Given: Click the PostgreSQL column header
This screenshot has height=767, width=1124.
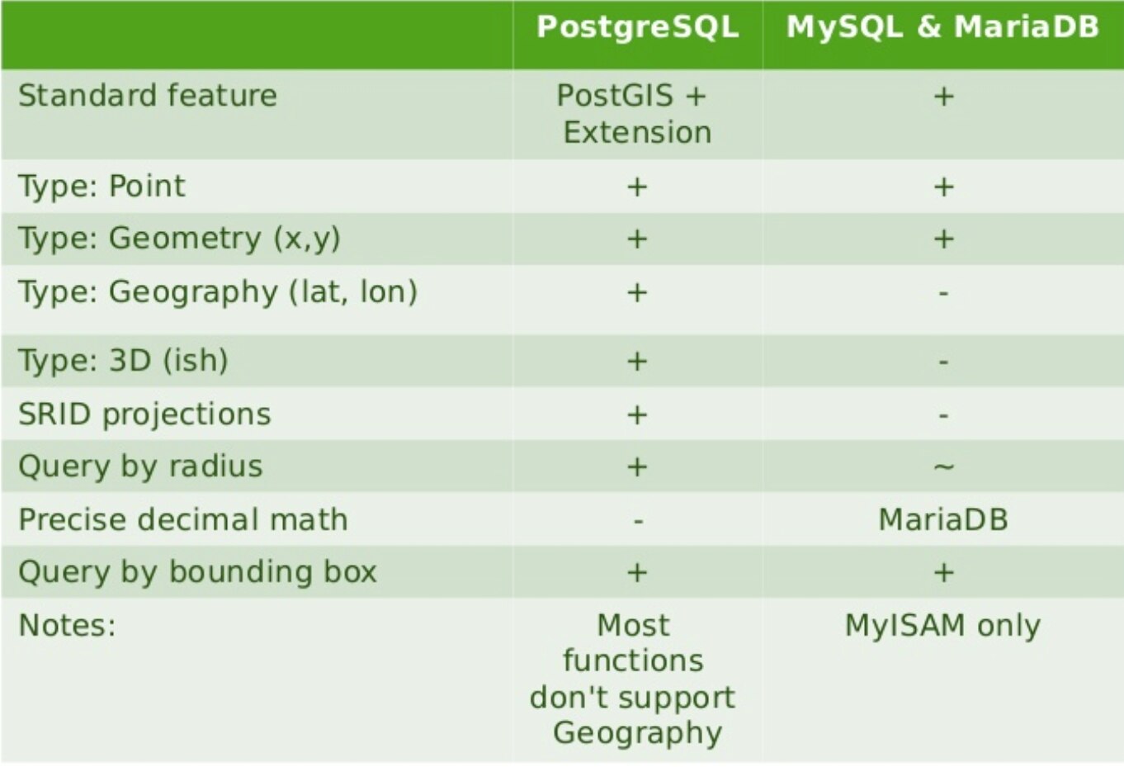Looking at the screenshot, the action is coord(637,27).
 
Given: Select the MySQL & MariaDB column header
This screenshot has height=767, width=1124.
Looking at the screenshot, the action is coord(942,26).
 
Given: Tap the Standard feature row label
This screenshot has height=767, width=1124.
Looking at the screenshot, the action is coord(148,96).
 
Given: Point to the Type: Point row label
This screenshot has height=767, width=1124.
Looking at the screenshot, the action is coord(102,187).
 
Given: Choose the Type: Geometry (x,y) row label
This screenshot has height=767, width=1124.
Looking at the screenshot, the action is coord(180,239).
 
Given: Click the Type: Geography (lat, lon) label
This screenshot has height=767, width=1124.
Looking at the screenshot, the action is coord(218,291).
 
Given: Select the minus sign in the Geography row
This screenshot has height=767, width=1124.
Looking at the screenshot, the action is coord(943,292).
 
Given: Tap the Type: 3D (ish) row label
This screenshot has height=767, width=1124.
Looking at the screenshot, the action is coord(123,361).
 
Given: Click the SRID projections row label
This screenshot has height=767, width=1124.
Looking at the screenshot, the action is coord(144,414).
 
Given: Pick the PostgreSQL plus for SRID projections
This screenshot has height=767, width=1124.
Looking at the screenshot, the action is coord(637,415).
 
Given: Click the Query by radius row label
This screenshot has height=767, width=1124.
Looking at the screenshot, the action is coord(140,466).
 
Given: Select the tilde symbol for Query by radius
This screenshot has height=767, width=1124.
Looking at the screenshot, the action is coord(943,467).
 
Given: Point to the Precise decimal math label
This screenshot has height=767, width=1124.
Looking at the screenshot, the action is coord(183,519).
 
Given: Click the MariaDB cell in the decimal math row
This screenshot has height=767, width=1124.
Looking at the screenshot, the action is coord(943,519).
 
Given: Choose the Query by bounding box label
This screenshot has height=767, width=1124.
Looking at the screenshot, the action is coord(197,572).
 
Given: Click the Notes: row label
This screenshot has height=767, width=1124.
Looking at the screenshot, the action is coord(67,626).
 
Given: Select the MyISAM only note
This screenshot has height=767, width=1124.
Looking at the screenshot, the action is coord(942,627).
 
